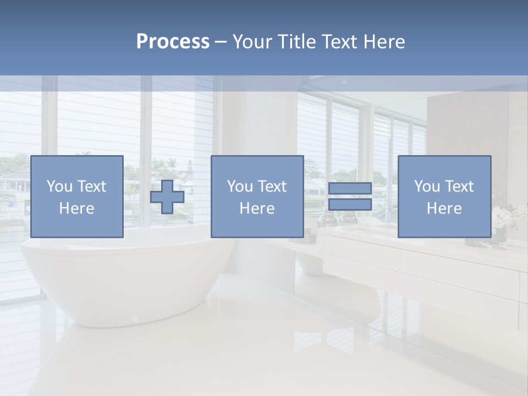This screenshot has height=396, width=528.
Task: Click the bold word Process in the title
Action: point(173,42)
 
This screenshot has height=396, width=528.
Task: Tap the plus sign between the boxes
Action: point(167,197)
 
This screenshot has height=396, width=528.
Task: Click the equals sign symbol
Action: point(350,197)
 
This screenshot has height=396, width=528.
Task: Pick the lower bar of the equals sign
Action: point(350,205)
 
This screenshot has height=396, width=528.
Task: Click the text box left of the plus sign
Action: point(76,197)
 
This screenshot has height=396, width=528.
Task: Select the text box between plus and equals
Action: point(257,197)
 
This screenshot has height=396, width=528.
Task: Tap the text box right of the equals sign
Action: point(444,197)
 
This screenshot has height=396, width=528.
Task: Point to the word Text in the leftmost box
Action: point(91,186)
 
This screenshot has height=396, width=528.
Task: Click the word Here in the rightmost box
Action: point(444,208)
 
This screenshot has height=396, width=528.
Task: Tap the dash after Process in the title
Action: point(221,42)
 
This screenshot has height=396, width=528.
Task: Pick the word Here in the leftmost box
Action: point(76,208)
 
